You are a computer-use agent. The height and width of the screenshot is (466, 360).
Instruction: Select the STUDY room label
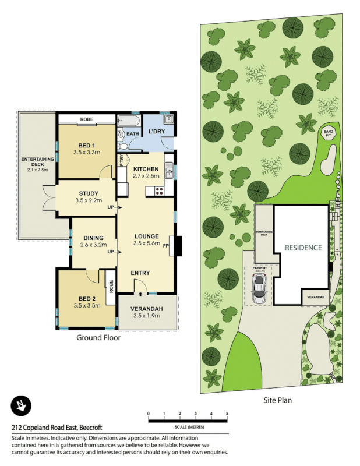click(x=88, y=193)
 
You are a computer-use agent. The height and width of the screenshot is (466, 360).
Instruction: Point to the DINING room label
click(x=93, y=238)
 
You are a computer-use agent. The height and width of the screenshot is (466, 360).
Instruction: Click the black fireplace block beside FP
click(x=178, y=245)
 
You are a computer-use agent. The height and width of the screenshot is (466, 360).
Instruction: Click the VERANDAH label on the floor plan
click(x=147, y=309)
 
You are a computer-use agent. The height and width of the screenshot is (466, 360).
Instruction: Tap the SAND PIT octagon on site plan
click(x=329, y=132)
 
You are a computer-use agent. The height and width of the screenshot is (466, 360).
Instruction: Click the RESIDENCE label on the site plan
click(x=303, y=248)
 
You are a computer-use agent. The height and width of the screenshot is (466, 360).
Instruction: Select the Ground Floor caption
click(x=98, y=337)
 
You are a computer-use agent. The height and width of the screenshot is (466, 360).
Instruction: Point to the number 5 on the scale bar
click(x=227, y=413)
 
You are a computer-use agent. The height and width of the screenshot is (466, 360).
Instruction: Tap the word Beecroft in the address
click(x=104, y=427)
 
